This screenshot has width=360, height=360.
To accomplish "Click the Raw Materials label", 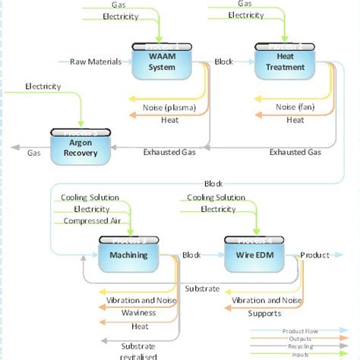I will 95,62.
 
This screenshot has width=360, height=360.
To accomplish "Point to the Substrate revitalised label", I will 138,351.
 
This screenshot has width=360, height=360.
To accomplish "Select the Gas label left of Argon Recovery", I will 34,152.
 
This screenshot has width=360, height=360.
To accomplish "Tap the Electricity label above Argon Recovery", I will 43,87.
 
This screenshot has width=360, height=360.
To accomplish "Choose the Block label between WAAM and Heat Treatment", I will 224,62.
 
